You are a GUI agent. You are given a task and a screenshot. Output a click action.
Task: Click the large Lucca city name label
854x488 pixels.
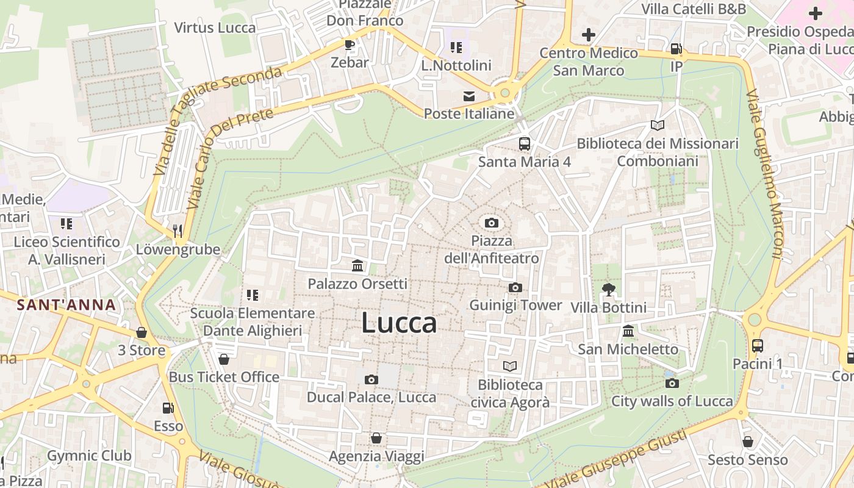pos(399,323)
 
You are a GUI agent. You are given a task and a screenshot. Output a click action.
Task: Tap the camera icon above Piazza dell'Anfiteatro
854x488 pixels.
pos(491,223)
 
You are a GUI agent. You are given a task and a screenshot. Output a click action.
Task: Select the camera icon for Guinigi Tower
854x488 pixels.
pos(515,287)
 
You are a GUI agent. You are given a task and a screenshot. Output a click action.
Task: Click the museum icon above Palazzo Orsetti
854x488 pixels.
pos(357,266)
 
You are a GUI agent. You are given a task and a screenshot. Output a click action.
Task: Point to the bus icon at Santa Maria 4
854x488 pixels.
pos(524,144)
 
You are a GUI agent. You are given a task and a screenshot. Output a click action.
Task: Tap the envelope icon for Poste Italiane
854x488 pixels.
pos(469,96)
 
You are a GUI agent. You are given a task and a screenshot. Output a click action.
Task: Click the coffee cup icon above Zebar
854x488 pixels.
pos(349,45)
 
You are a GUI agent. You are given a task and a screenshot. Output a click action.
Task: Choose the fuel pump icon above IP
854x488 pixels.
pos(676,49)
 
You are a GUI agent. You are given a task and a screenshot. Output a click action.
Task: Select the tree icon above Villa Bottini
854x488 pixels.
pos(608,289)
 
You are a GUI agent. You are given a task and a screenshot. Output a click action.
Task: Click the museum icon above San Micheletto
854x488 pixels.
pos(628,331)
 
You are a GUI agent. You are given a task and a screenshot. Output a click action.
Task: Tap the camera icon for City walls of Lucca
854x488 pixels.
pos(672,383)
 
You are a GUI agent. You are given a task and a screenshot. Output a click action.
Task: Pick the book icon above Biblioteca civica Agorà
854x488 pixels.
pos(510,366)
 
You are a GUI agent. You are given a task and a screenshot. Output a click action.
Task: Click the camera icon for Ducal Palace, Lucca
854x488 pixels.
pos(371,379)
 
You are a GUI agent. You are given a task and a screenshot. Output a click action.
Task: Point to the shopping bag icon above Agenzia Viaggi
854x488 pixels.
pos(376,438)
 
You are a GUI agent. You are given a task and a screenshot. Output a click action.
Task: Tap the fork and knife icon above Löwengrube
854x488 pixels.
pos(178,231)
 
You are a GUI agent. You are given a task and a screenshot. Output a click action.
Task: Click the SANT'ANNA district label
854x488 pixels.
pos(66,304)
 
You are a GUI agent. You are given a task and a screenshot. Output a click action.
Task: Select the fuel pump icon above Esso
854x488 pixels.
pos(168,408)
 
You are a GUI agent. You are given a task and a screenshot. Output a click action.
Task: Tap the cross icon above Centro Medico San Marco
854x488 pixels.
pos(588,35)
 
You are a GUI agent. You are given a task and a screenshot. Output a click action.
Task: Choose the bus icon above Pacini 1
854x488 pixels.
pos(757,345)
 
